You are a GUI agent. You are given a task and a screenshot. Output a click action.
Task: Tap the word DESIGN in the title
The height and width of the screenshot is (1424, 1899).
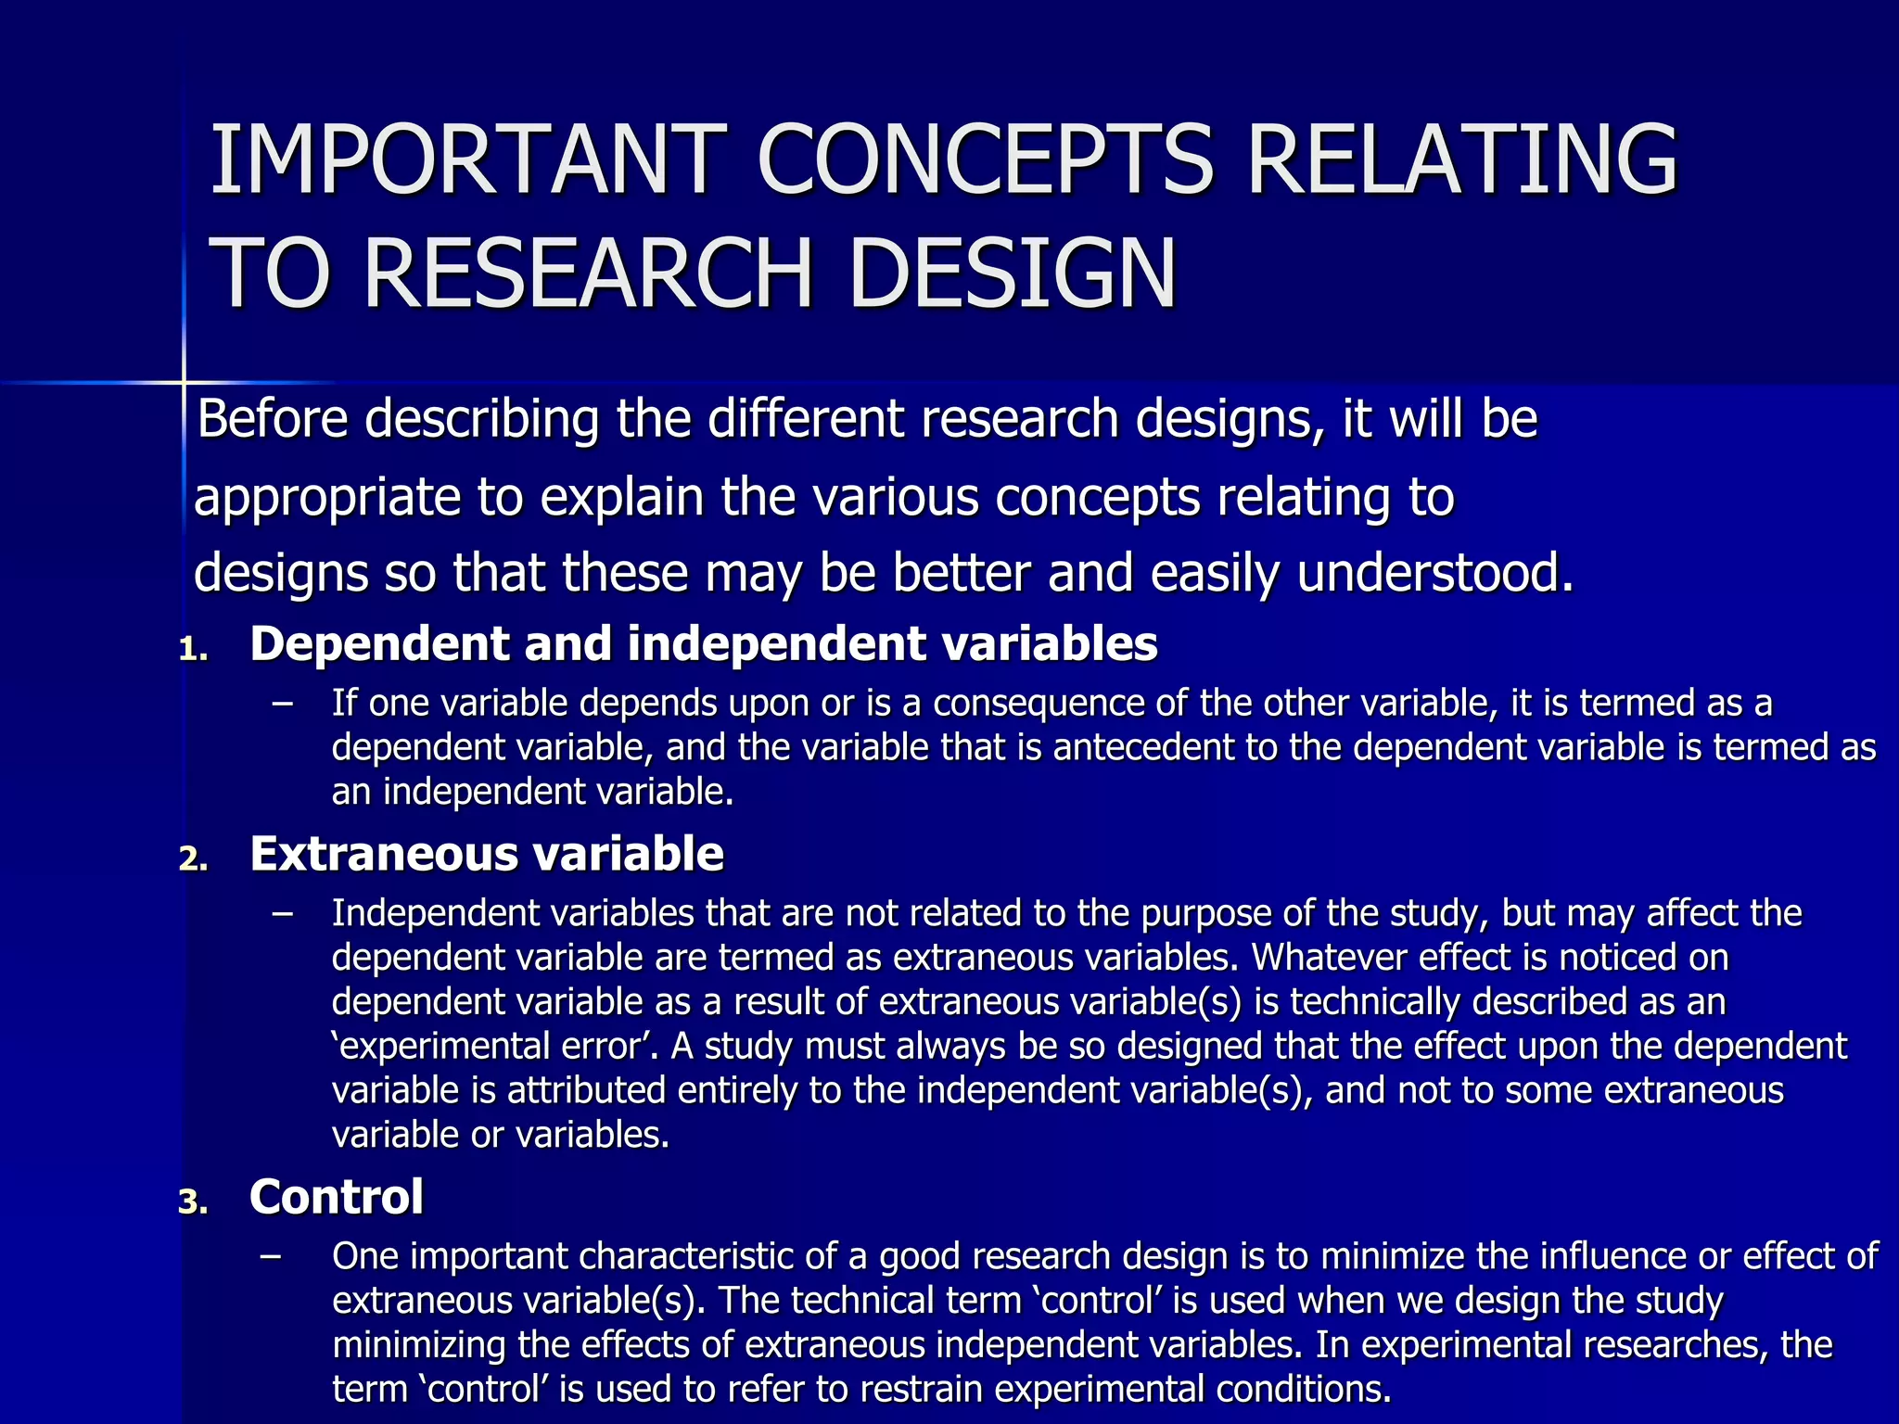pos(1011,273)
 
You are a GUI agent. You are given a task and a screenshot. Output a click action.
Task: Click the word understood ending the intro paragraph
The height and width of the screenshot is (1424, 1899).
pos(1434,573)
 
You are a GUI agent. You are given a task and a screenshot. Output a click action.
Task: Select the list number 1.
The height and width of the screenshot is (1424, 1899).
pos(193,650)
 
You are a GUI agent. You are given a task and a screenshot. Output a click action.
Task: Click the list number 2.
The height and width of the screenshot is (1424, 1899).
pos(193,859)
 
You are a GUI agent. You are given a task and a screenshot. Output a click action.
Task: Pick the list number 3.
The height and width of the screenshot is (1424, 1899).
pos(193,1202)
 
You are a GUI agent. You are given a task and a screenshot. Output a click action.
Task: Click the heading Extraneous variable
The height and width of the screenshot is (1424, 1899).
pos(486,853)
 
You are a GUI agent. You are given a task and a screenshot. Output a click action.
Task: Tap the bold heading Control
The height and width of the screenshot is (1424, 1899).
pos(337,1196)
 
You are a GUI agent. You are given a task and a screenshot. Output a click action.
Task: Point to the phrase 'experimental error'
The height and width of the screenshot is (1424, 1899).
pos(495,1047)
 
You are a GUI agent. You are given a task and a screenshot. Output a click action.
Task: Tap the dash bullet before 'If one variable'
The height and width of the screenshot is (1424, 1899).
pos(282,704)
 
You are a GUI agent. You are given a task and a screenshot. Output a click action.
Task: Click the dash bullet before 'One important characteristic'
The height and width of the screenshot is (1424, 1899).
pos(271,1256)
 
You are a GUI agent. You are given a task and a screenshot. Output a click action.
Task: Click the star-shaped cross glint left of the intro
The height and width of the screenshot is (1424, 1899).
pos(183,382)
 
